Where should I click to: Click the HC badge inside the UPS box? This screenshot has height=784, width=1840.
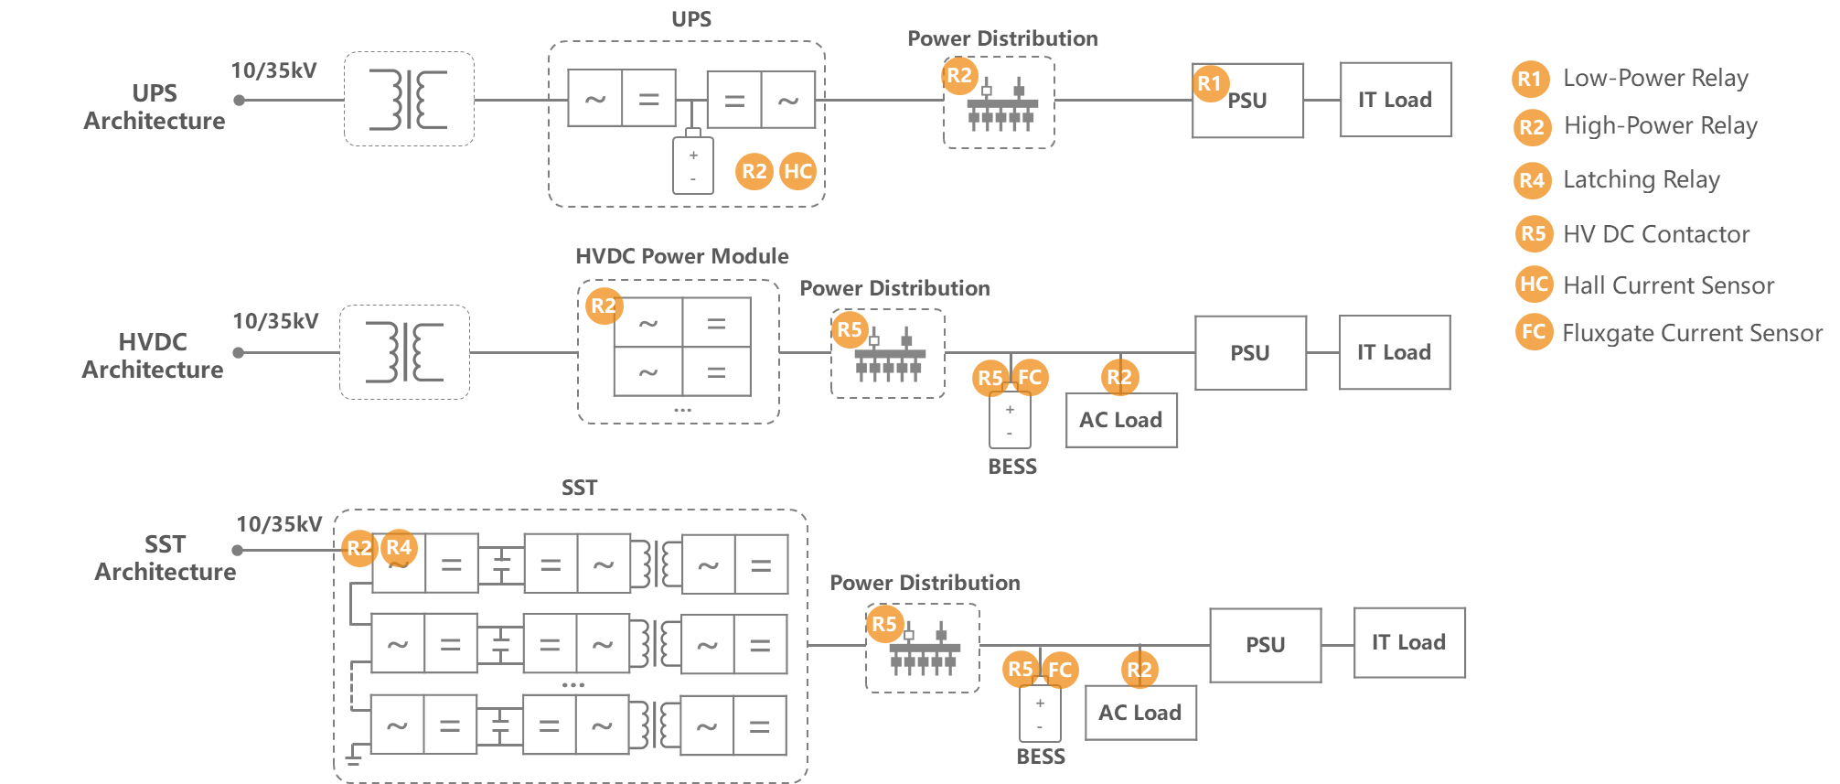coord(797,171)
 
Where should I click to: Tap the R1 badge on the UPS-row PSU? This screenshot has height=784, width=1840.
coord(1210,83)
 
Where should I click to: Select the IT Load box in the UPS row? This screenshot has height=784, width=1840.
coord(1396,100)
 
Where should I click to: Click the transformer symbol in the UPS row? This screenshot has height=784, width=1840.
coord(409,99)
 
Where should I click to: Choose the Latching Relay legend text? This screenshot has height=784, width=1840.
coord(1642,179)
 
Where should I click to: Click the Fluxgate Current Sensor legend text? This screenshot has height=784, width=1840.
coord(1692,333)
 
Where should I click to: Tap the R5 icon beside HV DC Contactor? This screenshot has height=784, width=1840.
coord(1534,233)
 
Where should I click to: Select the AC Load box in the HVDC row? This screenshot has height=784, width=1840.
coord(1121,420)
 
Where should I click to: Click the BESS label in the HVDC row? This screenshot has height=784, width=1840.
coord(1012,467)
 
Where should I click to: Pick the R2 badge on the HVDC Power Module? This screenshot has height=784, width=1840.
coord(604,306)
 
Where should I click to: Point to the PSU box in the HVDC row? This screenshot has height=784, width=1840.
coord(1250,353)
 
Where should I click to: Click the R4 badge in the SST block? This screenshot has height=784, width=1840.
coord(399,547)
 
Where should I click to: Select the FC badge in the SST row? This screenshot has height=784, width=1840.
coord(1060,670)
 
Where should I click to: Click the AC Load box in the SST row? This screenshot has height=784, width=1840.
coord(1140,713)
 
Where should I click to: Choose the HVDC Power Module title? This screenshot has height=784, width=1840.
coord(682,256)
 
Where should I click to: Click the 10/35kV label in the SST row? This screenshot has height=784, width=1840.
coord(279,524)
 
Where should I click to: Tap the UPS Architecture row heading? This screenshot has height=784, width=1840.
coord(155,107)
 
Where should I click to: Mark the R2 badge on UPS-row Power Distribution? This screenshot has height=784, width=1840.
coord(959,75)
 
